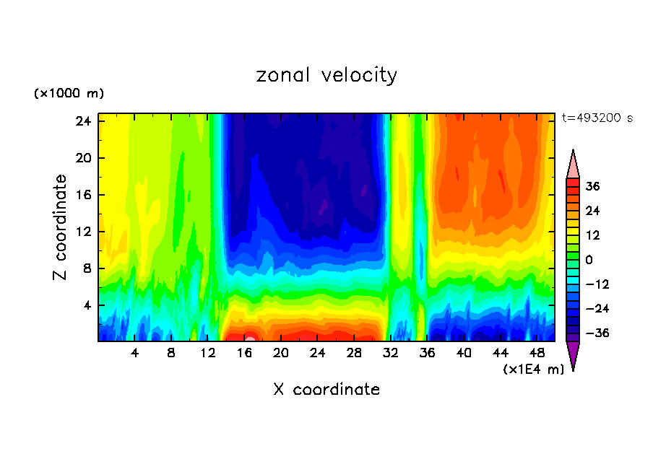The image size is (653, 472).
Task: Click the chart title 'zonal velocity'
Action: tap(326, 75)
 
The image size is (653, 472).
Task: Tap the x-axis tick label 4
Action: tap(135, 354)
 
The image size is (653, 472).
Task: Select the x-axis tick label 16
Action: tap(244, 354)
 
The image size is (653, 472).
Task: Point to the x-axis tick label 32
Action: tap(391, 354)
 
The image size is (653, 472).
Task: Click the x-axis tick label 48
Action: tap(537, 354)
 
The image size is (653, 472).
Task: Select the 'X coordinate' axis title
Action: tap(326, 390)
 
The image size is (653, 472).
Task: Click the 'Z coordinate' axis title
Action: tap(61, 227)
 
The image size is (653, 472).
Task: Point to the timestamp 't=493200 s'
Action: tap(597, 118)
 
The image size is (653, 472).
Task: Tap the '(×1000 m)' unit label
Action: tap(69, 94)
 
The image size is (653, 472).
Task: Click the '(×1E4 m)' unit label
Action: tap(533, 370)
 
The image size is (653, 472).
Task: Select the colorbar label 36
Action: tap(592, 186)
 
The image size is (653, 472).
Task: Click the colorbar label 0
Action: tap(589, 260)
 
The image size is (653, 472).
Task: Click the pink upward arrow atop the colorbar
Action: tap(573, 165)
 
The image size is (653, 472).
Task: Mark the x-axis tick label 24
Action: tap(317, 354)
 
